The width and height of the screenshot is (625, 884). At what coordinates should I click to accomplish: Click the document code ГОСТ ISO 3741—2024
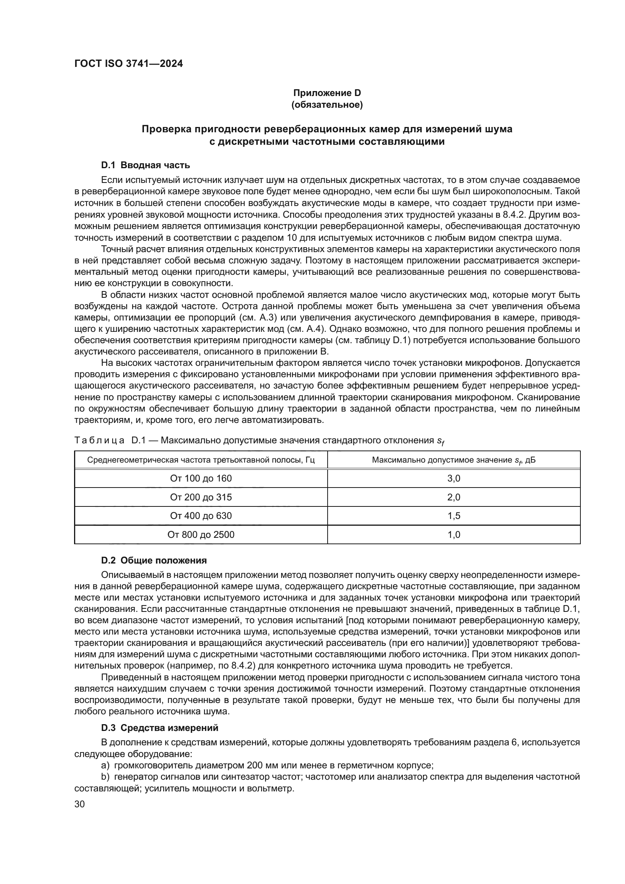(128, 64)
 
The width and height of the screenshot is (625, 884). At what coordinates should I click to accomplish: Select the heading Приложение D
(327, 93)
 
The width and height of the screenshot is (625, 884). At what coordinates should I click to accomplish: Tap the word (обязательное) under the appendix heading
(327, 105)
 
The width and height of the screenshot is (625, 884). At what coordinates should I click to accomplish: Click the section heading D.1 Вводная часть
(145, 166)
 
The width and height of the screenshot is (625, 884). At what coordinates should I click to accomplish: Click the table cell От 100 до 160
(201, 478)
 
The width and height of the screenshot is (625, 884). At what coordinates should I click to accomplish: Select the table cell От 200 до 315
(201, 497)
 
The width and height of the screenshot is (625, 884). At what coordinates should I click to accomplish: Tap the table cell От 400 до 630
(201, 516)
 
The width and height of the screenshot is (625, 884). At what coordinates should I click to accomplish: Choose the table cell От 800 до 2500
(201, 535)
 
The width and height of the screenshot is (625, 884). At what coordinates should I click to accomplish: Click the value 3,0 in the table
(454, 478)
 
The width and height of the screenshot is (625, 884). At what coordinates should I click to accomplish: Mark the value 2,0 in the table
(454, 497)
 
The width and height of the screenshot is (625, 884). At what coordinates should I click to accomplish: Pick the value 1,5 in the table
(454, 516)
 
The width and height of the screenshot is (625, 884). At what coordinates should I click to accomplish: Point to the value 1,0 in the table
(454, 535)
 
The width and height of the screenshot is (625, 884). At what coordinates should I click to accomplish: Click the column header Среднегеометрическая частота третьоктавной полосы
(201, 460)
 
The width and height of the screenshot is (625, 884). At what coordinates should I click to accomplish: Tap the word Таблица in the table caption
(99, 440)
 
